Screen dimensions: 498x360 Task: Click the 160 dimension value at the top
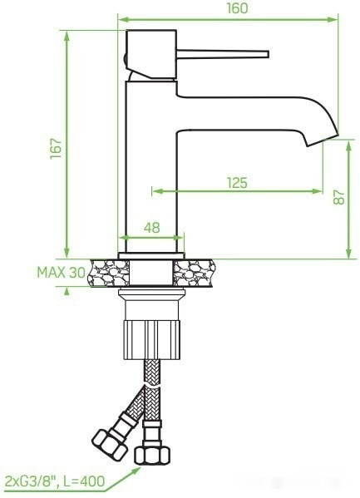[x=237, y=8]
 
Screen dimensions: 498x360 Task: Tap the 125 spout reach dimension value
[x=237, y=183]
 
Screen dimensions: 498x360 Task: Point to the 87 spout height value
[x=338, y=198]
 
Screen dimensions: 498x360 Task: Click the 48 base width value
[x=151, y=227]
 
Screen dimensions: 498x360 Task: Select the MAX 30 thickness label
[x=61, y=271]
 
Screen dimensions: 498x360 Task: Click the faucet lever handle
[x=224, y=55]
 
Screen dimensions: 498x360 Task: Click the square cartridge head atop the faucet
[x=151, y=54]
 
